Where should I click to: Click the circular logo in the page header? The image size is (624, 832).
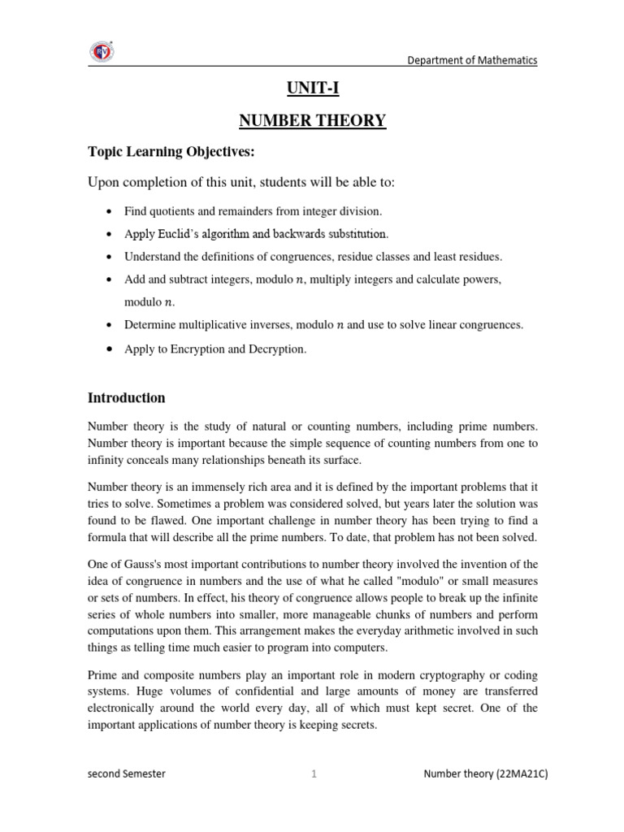(x=102, y=51)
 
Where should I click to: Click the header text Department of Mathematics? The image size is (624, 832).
(x=472, y=60)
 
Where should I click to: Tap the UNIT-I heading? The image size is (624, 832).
(x=311, y=89)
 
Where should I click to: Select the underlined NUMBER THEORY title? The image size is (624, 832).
(x=312, y=122)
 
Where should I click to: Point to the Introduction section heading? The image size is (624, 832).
(x=126, y=398)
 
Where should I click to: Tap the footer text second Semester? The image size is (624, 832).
(x=126, y=774)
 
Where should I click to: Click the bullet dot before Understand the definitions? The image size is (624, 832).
(x=108, y=257)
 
